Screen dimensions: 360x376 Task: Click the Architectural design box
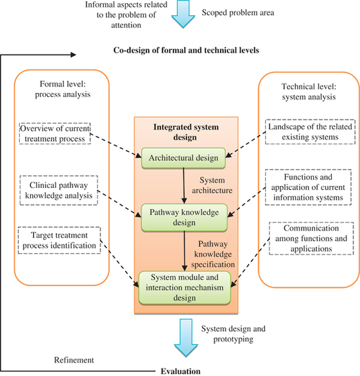[x=184, y=158]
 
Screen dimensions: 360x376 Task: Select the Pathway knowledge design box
[x=184, y=218]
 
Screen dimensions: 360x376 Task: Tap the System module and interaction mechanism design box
[x=185, y=287]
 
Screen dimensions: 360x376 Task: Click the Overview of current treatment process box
[x=55, y=133]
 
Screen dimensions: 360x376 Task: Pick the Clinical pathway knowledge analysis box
[x=59, y=191]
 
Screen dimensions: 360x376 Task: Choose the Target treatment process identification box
[x=59, y=240]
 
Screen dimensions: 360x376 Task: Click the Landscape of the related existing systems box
[x=310, y=132]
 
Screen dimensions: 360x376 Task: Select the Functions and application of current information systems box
[x=308, y=187]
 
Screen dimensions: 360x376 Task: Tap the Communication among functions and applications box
[x=311, y=238]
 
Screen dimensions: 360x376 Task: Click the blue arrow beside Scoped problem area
[x=184, y=14]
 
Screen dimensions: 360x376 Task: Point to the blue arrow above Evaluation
[x=186, y=338]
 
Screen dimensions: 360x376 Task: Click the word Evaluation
[x=180, y=372]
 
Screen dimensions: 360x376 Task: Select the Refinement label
[x=74, y=360]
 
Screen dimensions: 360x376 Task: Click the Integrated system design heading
[x=186, y=132]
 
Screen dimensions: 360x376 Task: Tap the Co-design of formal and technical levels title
[x=186, y=50]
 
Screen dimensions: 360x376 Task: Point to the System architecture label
[x=212, y=185]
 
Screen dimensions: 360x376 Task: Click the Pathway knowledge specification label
[x=213, y=254]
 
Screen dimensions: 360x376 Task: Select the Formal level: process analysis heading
[x=63, y=89]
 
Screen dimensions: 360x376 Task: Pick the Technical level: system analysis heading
[x=309, y=92]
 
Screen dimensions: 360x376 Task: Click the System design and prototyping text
[x=234, y=334]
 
